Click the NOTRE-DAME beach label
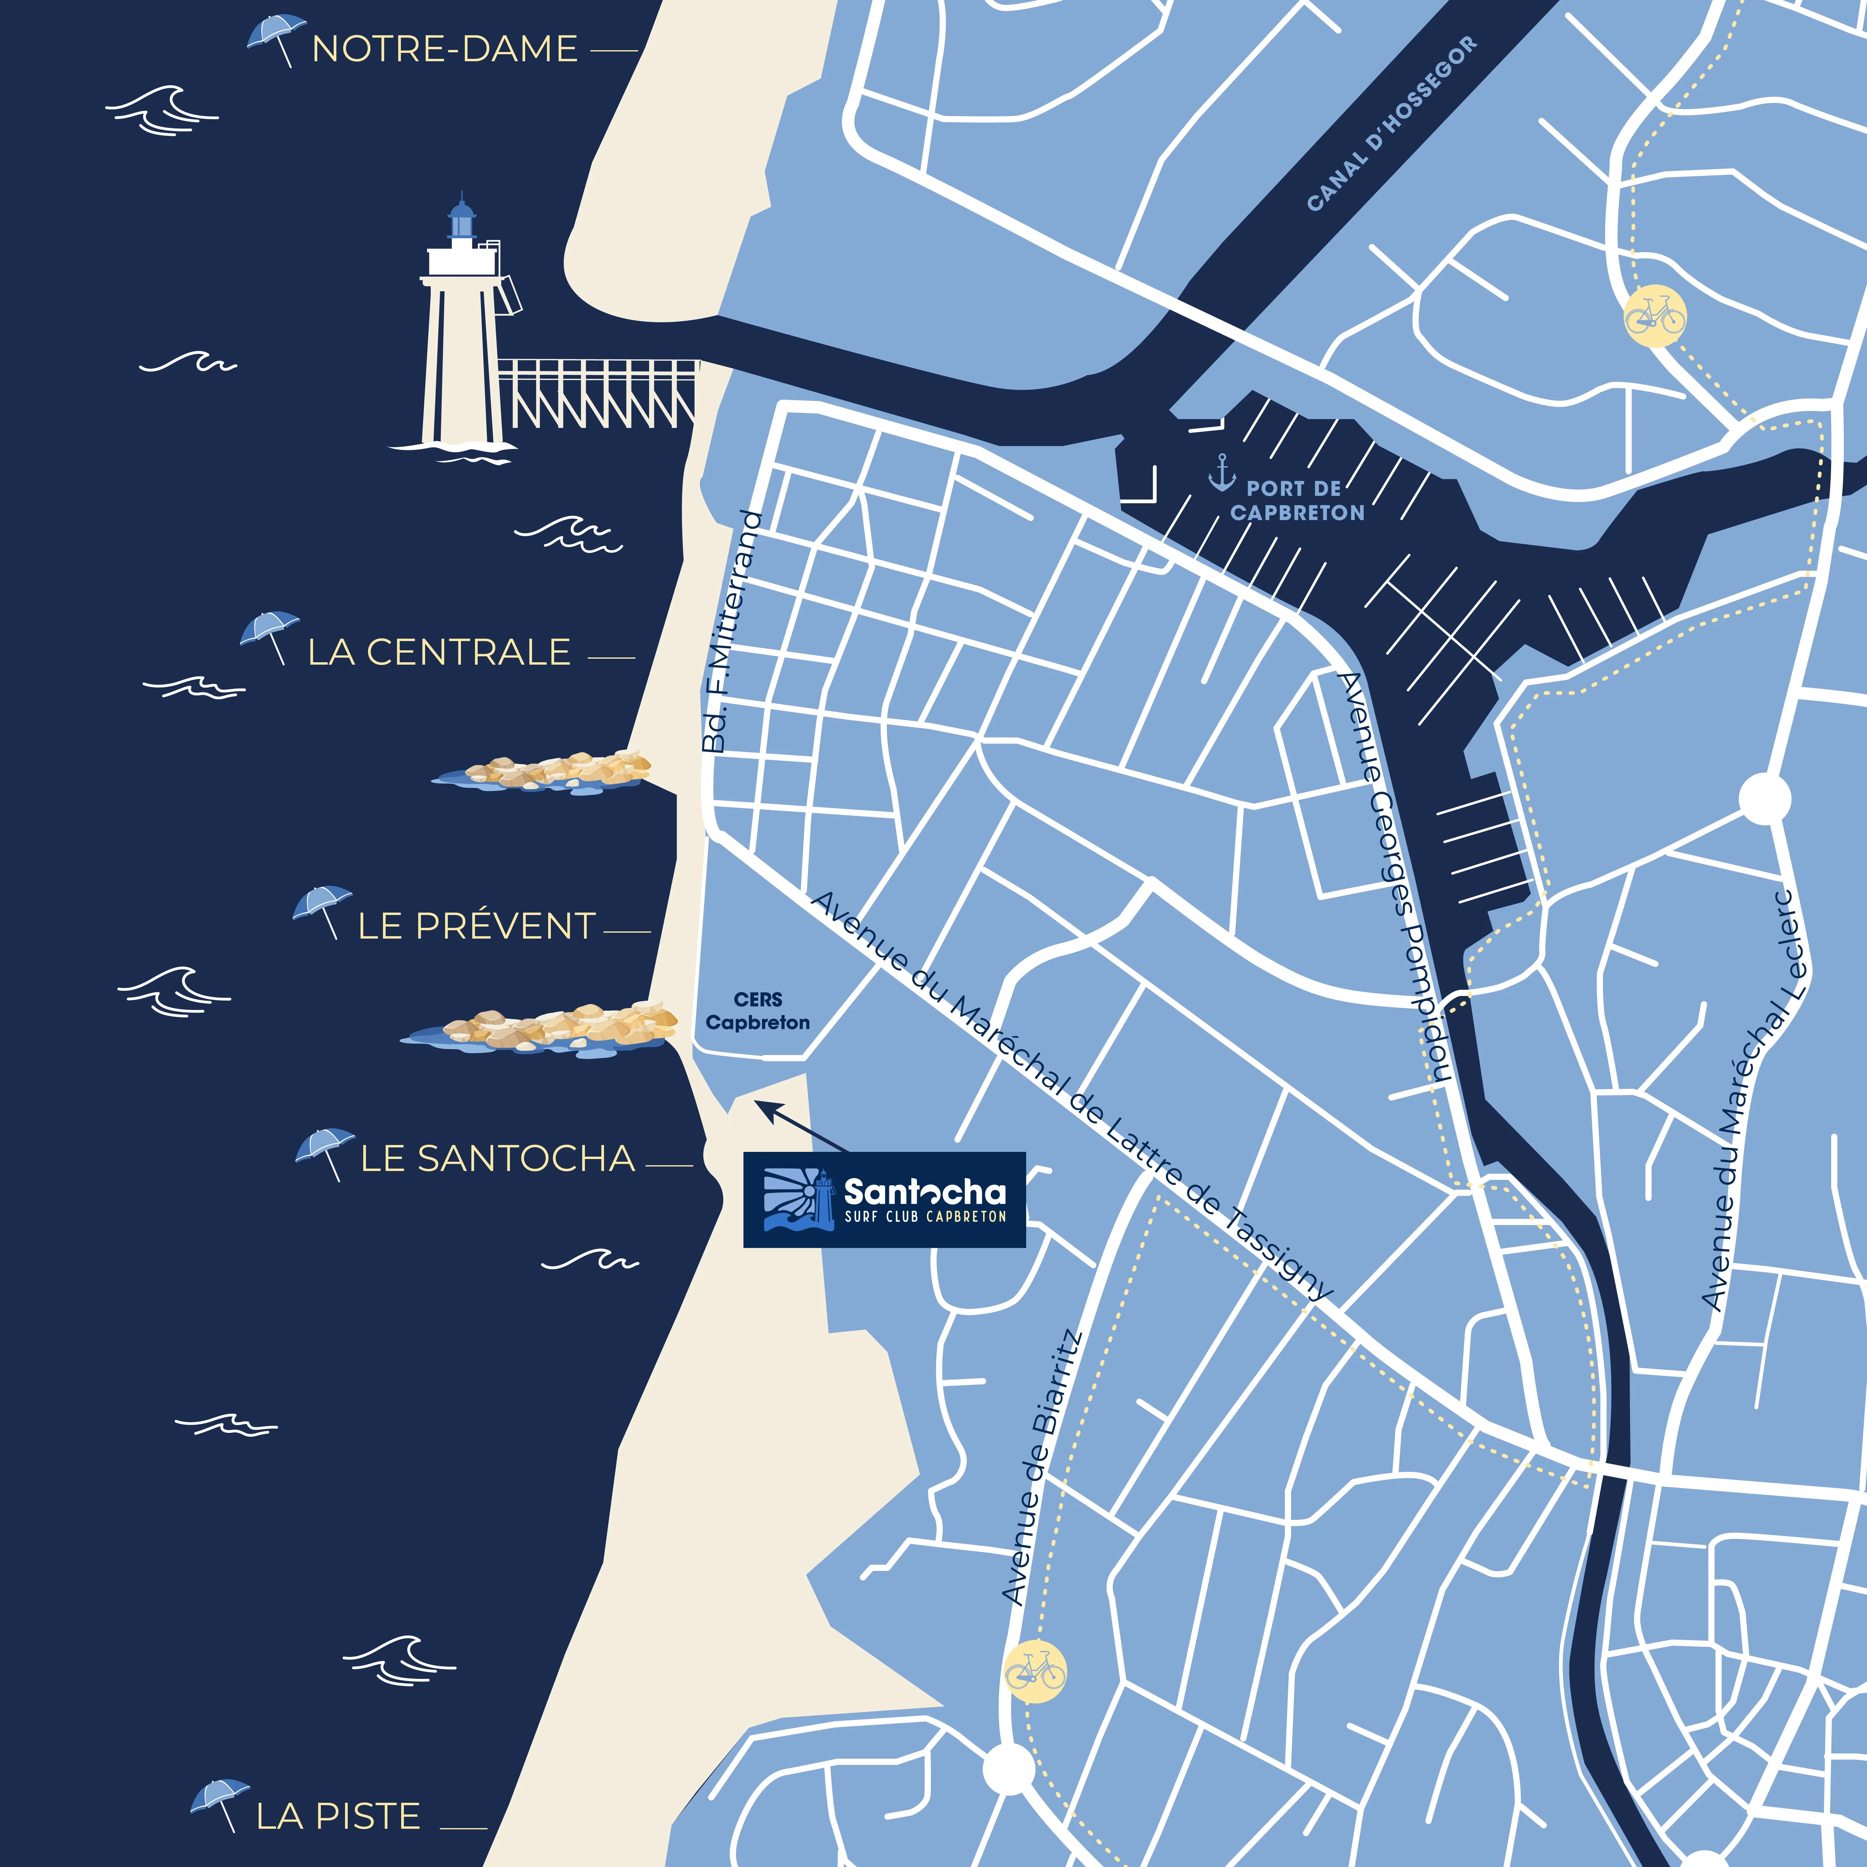[x=444, y=48]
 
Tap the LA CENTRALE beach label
[x=439, y=652]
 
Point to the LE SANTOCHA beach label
[x=498, y=1158]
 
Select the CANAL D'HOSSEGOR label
[x=1391, y=124]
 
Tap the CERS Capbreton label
[x=758, y=1011]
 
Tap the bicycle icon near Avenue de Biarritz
[x=1035, y=1670]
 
